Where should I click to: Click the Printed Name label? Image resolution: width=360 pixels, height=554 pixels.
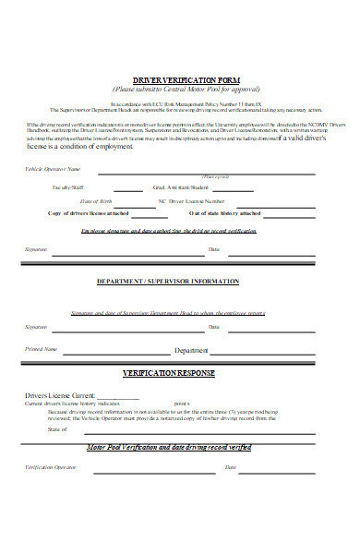(42, 350)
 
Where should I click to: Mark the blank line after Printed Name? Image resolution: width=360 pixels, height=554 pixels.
(115, 353)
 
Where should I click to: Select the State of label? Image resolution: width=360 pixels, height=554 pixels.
(57, 430)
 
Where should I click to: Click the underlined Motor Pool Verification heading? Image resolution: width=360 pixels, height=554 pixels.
(169, 447)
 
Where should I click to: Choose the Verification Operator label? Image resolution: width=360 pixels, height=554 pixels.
(50, 468)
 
